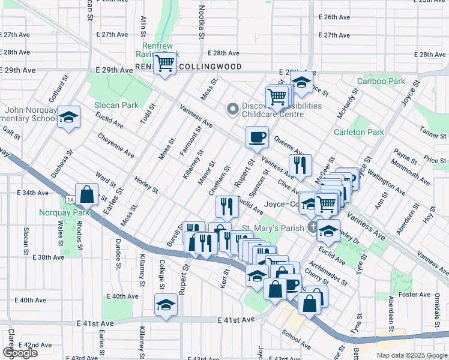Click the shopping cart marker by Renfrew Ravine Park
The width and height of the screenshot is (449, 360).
[x=164, y=63]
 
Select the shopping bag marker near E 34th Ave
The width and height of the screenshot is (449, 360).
[x=87, y=194]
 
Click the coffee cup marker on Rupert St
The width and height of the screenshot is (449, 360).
[x=257, y=137]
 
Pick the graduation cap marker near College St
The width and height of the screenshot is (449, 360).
[x=165, y=304]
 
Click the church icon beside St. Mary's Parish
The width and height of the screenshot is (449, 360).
[x=312, y=227]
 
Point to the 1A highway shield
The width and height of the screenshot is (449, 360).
[x=70, y=199]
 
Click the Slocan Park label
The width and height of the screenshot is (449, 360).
[x=116, y=105]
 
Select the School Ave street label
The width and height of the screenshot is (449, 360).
[x=297, y=343]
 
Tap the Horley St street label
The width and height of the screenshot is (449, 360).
[x=146, y=185]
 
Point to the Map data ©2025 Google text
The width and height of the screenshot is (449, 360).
[x=411, y=355]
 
